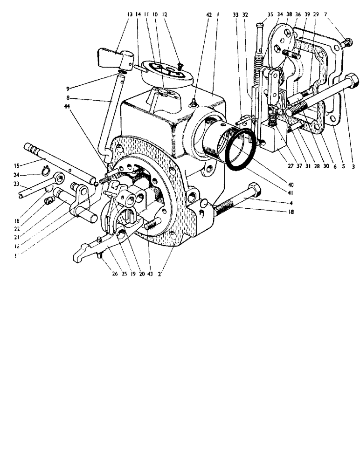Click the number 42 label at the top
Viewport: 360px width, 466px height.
click(208, 14)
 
